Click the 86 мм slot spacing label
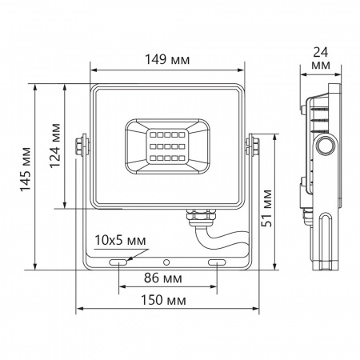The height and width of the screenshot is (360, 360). click(168, 280)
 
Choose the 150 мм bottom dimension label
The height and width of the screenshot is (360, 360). click(168, 300)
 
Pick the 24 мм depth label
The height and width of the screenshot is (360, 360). click(322, 57)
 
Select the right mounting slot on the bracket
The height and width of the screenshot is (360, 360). click(218, 262)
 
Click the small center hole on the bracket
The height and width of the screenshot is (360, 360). click(167, 262)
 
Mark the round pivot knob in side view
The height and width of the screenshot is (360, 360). click(326, 145)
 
